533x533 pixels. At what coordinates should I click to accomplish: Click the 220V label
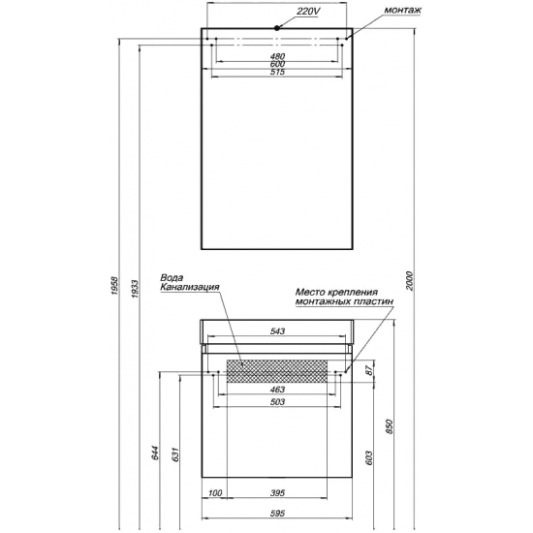pos(308,11)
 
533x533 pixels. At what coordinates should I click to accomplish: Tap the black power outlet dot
pos(277,28)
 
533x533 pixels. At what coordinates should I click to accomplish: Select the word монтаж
pos(402,10)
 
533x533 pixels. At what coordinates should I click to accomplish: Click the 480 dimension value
pos(277,56)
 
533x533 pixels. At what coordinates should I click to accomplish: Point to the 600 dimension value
pos(277,64)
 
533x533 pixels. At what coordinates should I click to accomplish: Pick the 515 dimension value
pos(277,72)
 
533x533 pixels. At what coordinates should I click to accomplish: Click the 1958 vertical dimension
pos(115,286)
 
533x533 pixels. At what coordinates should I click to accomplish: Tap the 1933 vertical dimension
pos(135,289)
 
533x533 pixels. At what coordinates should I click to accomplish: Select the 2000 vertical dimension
pos(409,281)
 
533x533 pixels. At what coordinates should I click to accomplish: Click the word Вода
pos(172,278)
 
